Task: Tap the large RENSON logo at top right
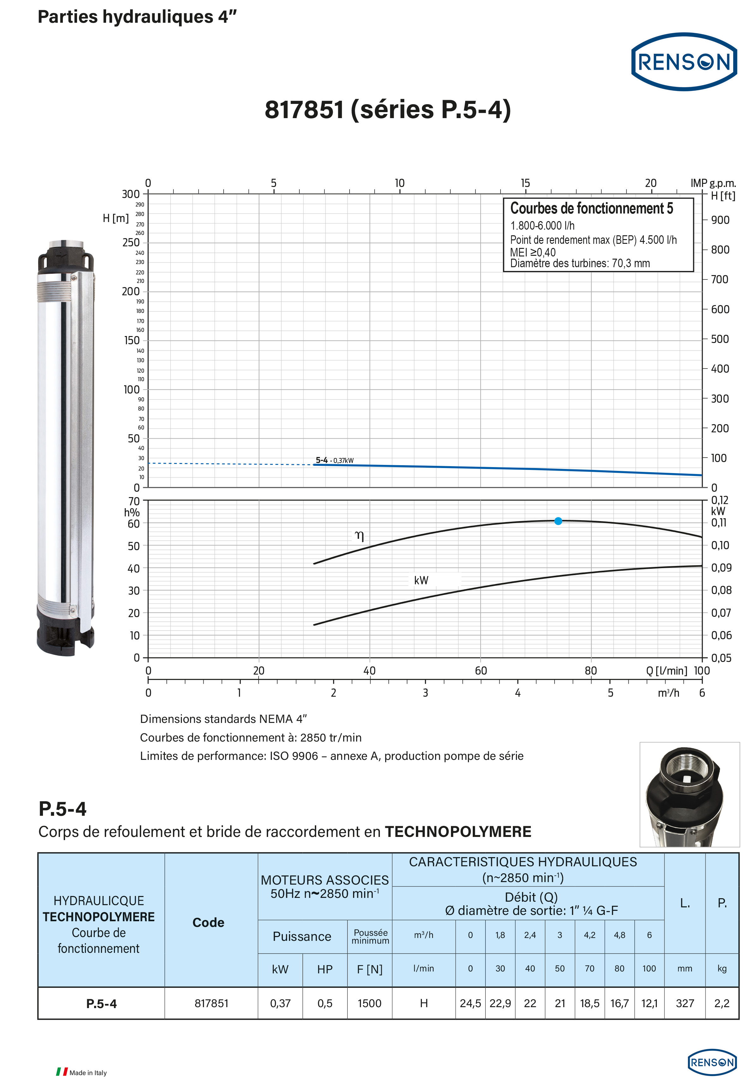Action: coord(684,62)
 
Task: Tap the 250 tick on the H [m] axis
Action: coord(131,243)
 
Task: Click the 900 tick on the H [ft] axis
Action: coord(720,220)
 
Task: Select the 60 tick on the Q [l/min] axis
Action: coord(480,671)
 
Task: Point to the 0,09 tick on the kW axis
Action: coord(721,568)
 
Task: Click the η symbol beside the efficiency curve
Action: coord(359,536)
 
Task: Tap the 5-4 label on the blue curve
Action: coord(322,460)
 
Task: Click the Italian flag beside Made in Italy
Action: coord(62,1072)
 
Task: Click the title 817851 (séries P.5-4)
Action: coord(388,110)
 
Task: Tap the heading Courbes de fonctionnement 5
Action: coord(591,208)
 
